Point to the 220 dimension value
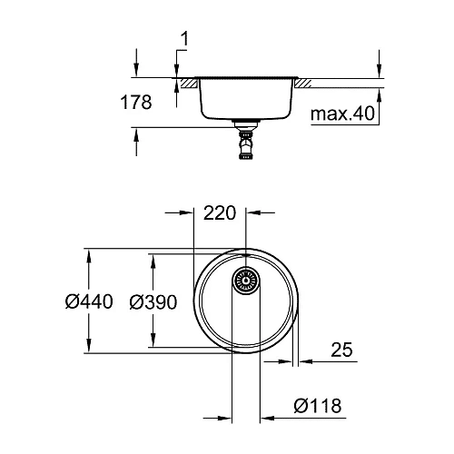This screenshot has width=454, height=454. click(x=221, y=214)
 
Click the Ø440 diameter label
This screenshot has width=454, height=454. click(x=89, y=301)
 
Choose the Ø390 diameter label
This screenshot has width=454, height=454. click(x=152, y=301)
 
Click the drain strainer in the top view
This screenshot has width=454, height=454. click(x=246, y=281)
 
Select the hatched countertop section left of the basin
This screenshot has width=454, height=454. click(x=188, y=83)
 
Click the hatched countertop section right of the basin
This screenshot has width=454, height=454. click(x=302, y=83)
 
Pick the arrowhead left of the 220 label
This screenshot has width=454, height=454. click(x=189, y=214)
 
